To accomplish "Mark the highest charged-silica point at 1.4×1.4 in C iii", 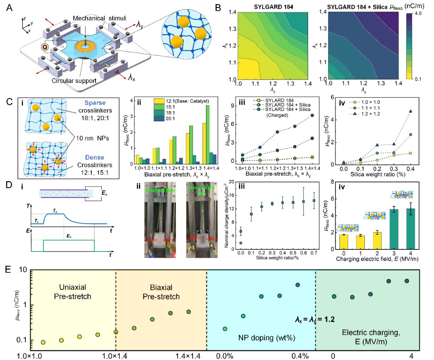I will click(x=311, y=116).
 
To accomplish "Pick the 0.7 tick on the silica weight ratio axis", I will click(x=313, y=254).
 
